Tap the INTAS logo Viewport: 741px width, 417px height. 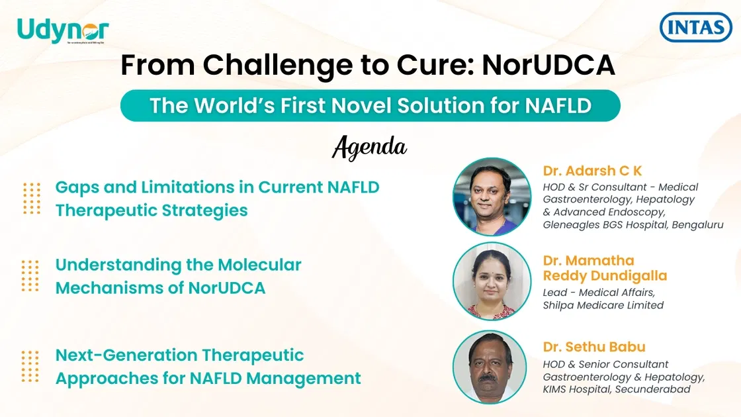(x=696, y=28)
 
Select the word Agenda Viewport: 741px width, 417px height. (x=369, y=147)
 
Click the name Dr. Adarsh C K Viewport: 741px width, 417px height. (x=592, y=171)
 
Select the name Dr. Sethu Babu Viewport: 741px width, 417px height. (x=594, y=347)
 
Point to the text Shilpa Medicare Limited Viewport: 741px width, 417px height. (x=603, y=305)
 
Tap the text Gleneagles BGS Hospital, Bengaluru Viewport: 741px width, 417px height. (x=632, y=224)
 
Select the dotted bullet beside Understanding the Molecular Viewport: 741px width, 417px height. (x=30, y=275)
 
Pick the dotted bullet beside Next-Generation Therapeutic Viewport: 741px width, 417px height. (x=30, y=366)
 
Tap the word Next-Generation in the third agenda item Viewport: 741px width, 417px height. (x=128, y=355)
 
